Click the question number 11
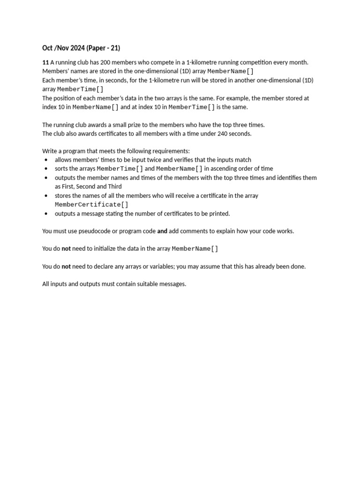45,62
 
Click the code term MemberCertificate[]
91,205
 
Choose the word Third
115,187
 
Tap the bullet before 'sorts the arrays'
46,169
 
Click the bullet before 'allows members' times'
46,160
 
